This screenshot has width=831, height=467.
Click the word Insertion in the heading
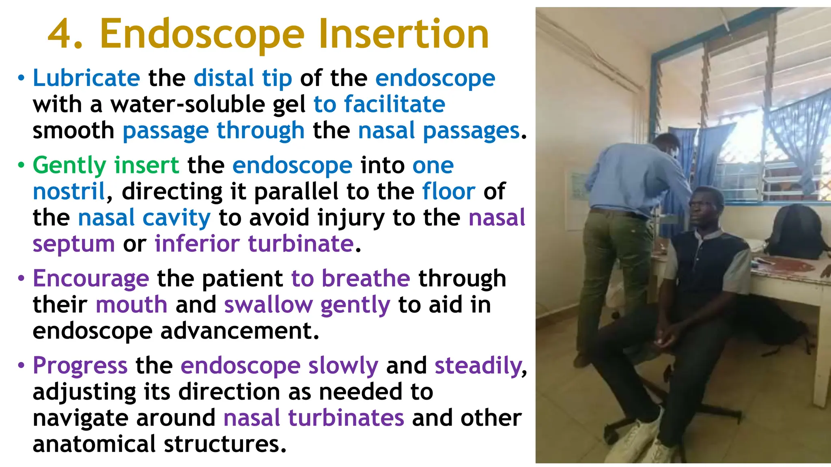tap(404, 34)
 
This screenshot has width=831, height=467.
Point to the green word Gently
tap(69, 166)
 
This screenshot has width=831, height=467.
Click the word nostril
tap(69, 191)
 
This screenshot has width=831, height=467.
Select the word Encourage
tap(91, 279)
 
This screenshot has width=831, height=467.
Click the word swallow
tap(268, 305)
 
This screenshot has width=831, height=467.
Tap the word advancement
tap(240, 331)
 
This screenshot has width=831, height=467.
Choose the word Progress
tap(80, 366)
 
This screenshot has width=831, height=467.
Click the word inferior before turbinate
tap(197, 244)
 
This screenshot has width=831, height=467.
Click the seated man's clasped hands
tap(665, 338)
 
